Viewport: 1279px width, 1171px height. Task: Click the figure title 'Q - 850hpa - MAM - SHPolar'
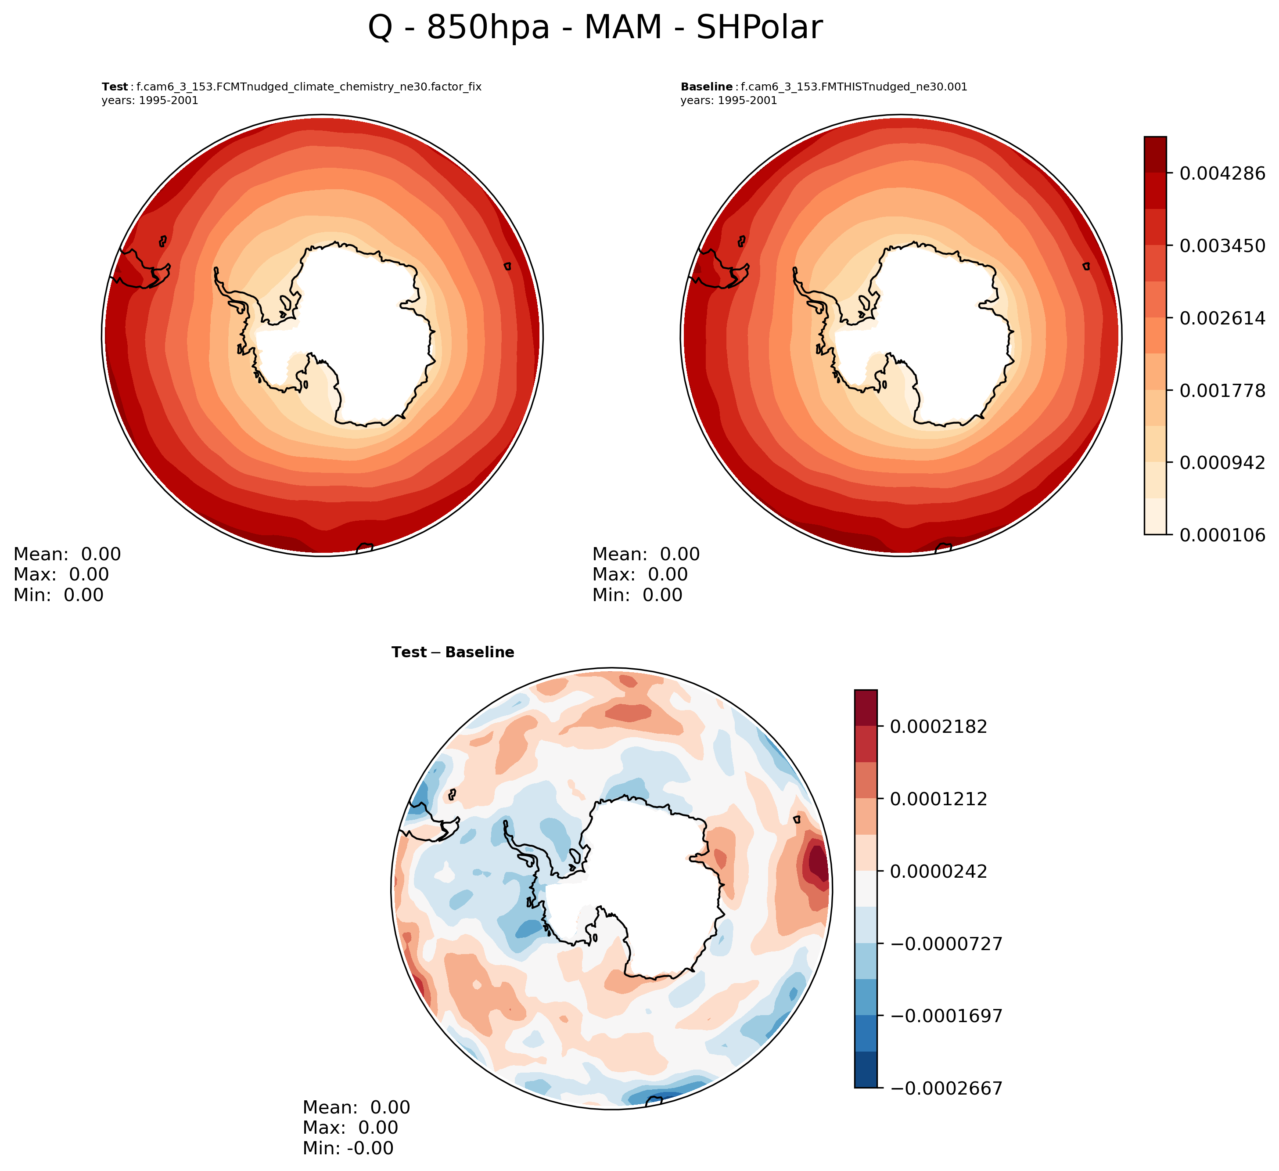[595, 29]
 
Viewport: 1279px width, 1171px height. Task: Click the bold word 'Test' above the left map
[115, 87]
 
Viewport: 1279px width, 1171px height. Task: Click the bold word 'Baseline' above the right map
[706, 87]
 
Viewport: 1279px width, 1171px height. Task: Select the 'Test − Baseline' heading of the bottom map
[453, 652]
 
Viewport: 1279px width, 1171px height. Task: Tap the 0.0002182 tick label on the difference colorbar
[938, 726]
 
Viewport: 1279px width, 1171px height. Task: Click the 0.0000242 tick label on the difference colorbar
[938, 872]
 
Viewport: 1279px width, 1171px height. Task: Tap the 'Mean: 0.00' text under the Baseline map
[646, 554]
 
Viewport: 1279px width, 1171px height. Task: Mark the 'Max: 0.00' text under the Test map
[61, 574]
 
